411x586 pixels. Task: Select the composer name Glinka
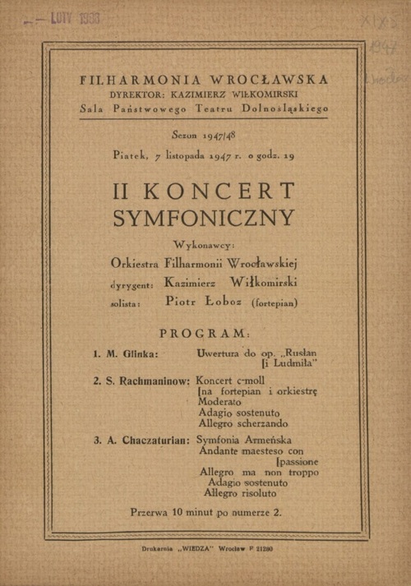(x=138, y=353)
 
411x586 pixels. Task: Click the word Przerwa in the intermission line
(x=150, y=512)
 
